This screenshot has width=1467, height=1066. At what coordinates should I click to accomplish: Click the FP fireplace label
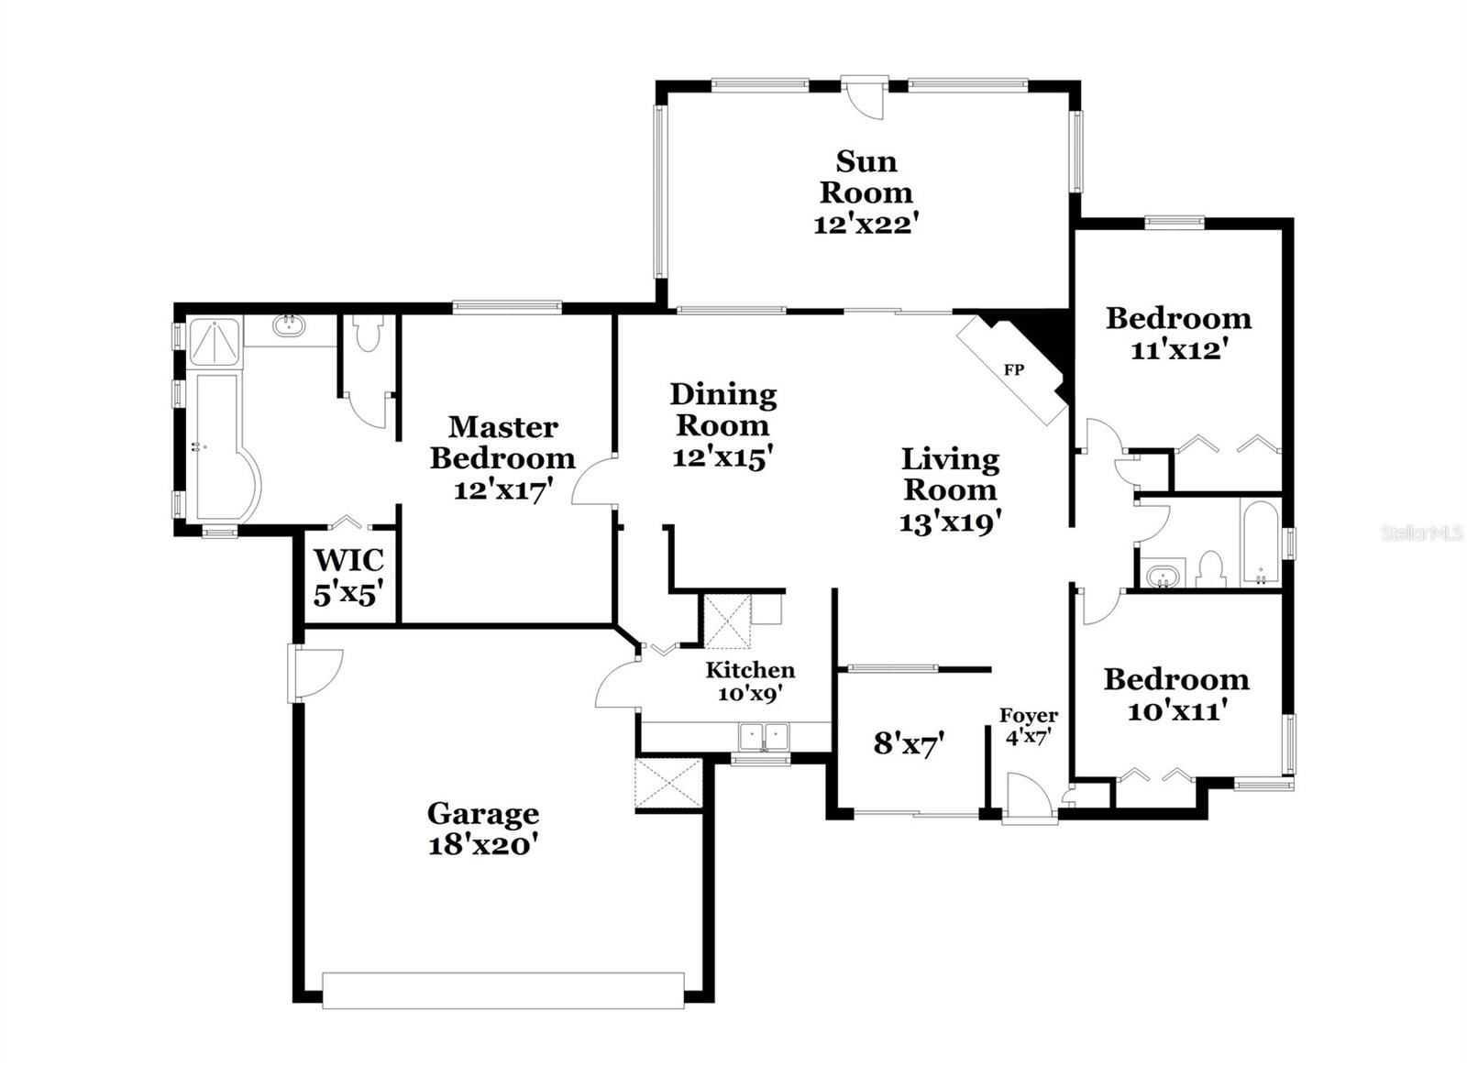click(1013, 370)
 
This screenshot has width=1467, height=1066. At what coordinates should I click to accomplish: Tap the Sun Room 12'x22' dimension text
click(866, 224)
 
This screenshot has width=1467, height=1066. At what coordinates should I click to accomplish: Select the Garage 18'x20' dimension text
click(482, 845)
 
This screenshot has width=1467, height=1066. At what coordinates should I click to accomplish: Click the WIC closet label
click(348, 559)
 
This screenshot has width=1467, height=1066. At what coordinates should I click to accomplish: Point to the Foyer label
click(1028, 715)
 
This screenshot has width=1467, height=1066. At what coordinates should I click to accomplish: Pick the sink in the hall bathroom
click(1163, 577)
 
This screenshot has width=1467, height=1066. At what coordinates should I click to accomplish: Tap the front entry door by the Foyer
click(1028, 796)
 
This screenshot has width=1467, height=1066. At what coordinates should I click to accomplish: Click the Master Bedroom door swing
click(594, 481)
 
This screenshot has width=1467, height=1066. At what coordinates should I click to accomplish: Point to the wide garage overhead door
click(502, 990)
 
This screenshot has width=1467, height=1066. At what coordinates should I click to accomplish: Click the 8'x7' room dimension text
click(909, 743)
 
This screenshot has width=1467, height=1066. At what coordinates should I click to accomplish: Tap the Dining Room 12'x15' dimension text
click(723, 456)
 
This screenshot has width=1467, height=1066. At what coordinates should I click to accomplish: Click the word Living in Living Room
click(950, 458)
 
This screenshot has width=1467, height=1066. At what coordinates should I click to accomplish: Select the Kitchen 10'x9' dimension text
click(749, 694)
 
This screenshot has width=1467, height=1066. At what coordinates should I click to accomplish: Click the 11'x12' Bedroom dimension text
click(1178, 349)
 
